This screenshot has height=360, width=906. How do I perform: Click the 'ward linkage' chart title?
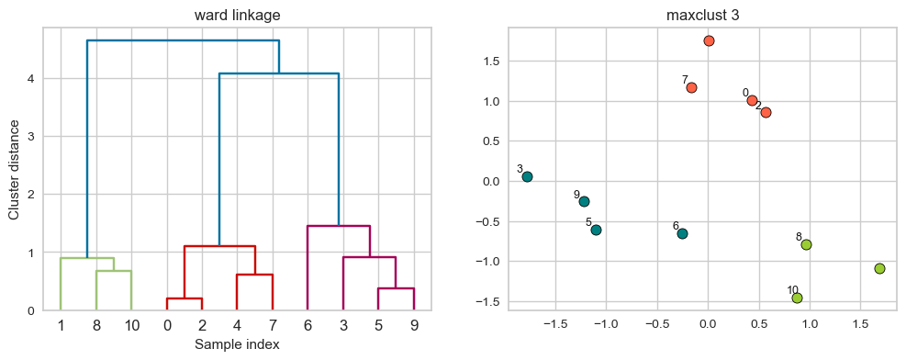(237, 15)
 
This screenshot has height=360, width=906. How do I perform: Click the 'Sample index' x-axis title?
(237, 344)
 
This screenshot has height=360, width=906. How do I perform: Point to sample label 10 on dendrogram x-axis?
(131, 325)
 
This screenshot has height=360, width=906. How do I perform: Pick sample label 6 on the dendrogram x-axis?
(307, 325)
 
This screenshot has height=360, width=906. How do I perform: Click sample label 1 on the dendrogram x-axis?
(61, 325)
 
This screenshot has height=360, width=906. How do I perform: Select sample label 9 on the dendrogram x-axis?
(413, 325)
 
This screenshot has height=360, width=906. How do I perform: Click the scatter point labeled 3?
(527, 176)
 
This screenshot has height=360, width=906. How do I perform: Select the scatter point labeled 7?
(691, 87)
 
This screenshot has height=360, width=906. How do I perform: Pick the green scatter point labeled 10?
(797, 298)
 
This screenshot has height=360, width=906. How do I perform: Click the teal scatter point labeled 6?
(682, 233)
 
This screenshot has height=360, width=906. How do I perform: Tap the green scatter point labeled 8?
(806, 244)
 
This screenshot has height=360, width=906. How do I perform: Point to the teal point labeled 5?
(596, 230)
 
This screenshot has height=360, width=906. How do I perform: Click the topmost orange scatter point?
(709, 40)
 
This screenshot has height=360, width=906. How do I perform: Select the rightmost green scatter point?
(879, 268)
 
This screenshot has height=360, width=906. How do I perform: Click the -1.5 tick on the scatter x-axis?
(554, 323)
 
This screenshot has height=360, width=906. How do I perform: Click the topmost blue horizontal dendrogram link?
(183, 40)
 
